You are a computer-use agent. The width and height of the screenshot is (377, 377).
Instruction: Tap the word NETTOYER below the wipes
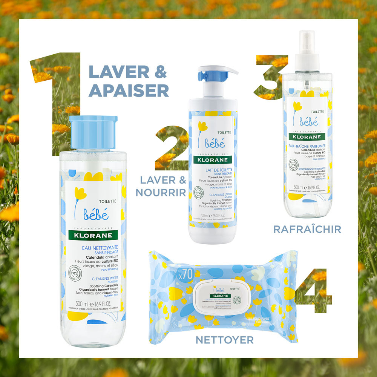pos(225,340)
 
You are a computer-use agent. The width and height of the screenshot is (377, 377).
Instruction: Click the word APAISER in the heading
pos(129,90)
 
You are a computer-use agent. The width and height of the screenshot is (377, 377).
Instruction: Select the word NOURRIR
pos(161,192)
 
